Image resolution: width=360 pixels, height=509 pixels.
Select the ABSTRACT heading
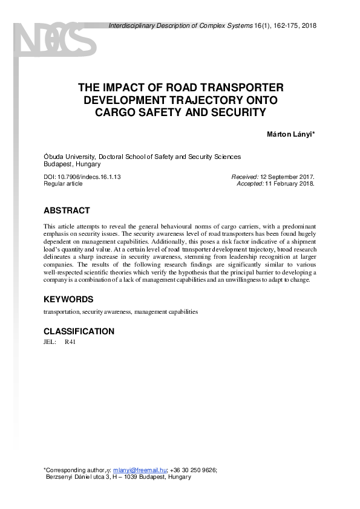[67, 211]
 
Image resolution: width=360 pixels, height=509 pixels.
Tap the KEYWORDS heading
[68, 299]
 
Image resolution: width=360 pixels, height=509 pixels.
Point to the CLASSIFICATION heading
[79, 331]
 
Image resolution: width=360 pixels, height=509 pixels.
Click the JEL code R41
[70, 342]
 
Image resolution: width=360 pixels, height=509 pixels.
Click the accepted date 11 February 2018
[290, 184]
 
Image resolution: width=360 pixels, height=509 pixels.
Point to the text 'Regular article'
[63, 184]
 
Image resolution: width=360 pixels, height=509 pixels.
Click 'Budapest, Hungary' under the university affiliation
[72, 164]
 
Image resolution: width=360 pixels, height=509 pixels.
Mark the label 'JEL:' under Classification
[50, 342]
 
